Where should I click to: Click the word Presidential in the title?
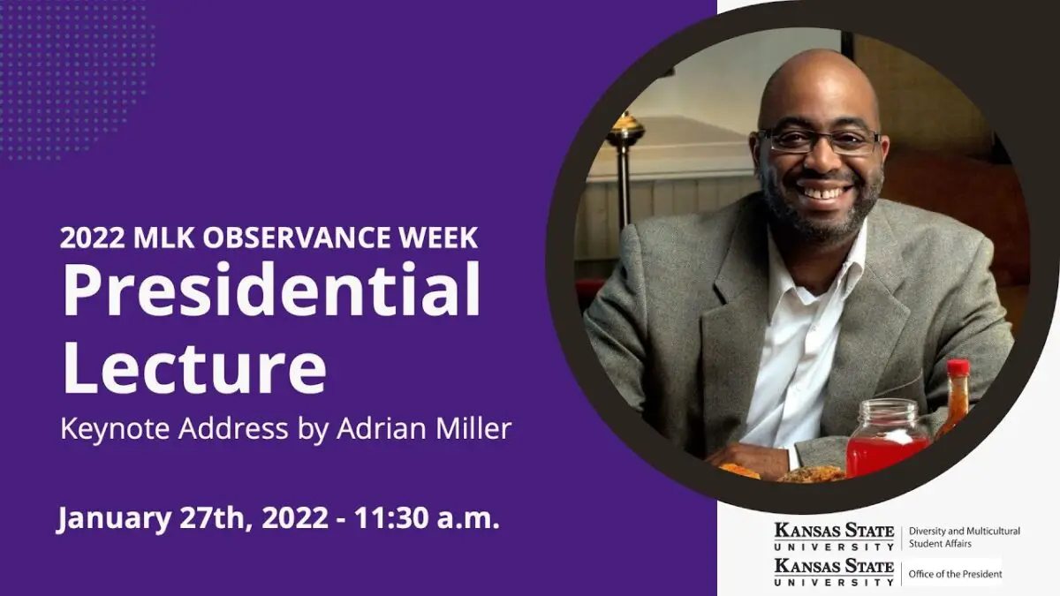point(271,292)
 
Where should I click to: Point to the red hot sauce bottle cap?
point(958,368)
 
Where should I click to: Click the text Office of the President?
point(955,574)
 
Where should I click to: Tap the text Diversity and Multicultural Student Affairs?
point(964,537)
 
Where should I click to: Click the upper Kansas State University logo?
point(834,536)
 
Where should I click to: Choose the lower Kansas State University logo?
point(834,571)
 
